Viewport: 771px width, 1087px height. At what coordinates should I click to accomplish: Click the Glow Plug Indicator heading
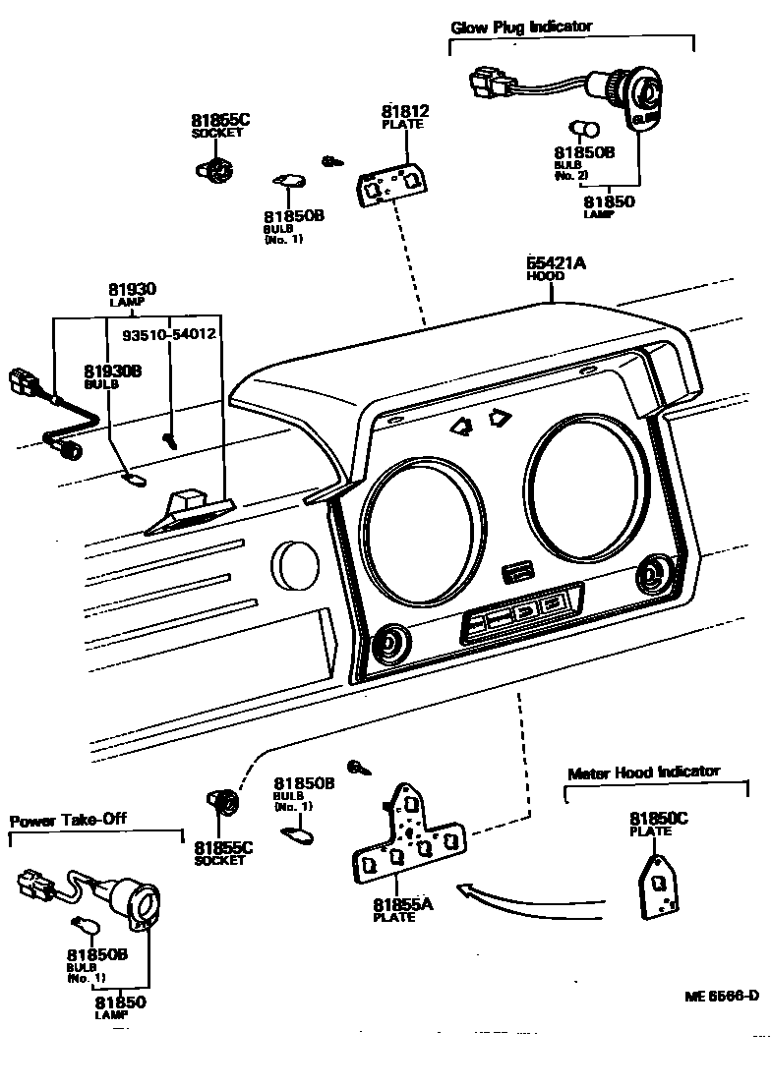pos(521,27)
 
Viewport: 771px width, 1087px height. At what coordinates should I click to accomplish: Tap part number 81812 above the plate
pos(405,112)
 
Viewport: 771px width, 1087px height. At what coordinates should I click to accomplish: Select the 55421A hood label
pos(556,263)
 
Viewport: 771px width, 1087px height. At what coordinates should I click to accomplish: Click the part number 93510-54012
pos(168,334)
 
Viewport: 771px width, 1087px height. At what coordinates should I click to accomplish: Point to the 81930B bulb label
pos(112,371)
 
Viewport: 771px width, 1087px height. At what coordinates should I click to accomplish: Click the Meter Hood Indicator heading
pos(643,772)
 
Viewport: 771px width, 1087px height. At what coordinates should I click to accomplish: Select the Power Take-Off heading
pos(68,820)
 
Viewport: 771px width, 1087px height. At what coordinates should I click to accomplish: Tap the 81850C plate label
pos(658,819)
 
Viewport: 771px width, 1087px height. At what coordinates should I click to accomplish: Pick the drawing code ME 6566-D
pos(722,995)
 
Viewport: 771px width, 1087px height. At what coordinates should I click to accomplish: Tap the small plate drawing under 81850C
pos(658,886)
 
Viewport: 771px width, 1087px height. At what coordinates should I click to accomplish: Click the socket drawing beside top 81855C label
pos(216,169)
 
